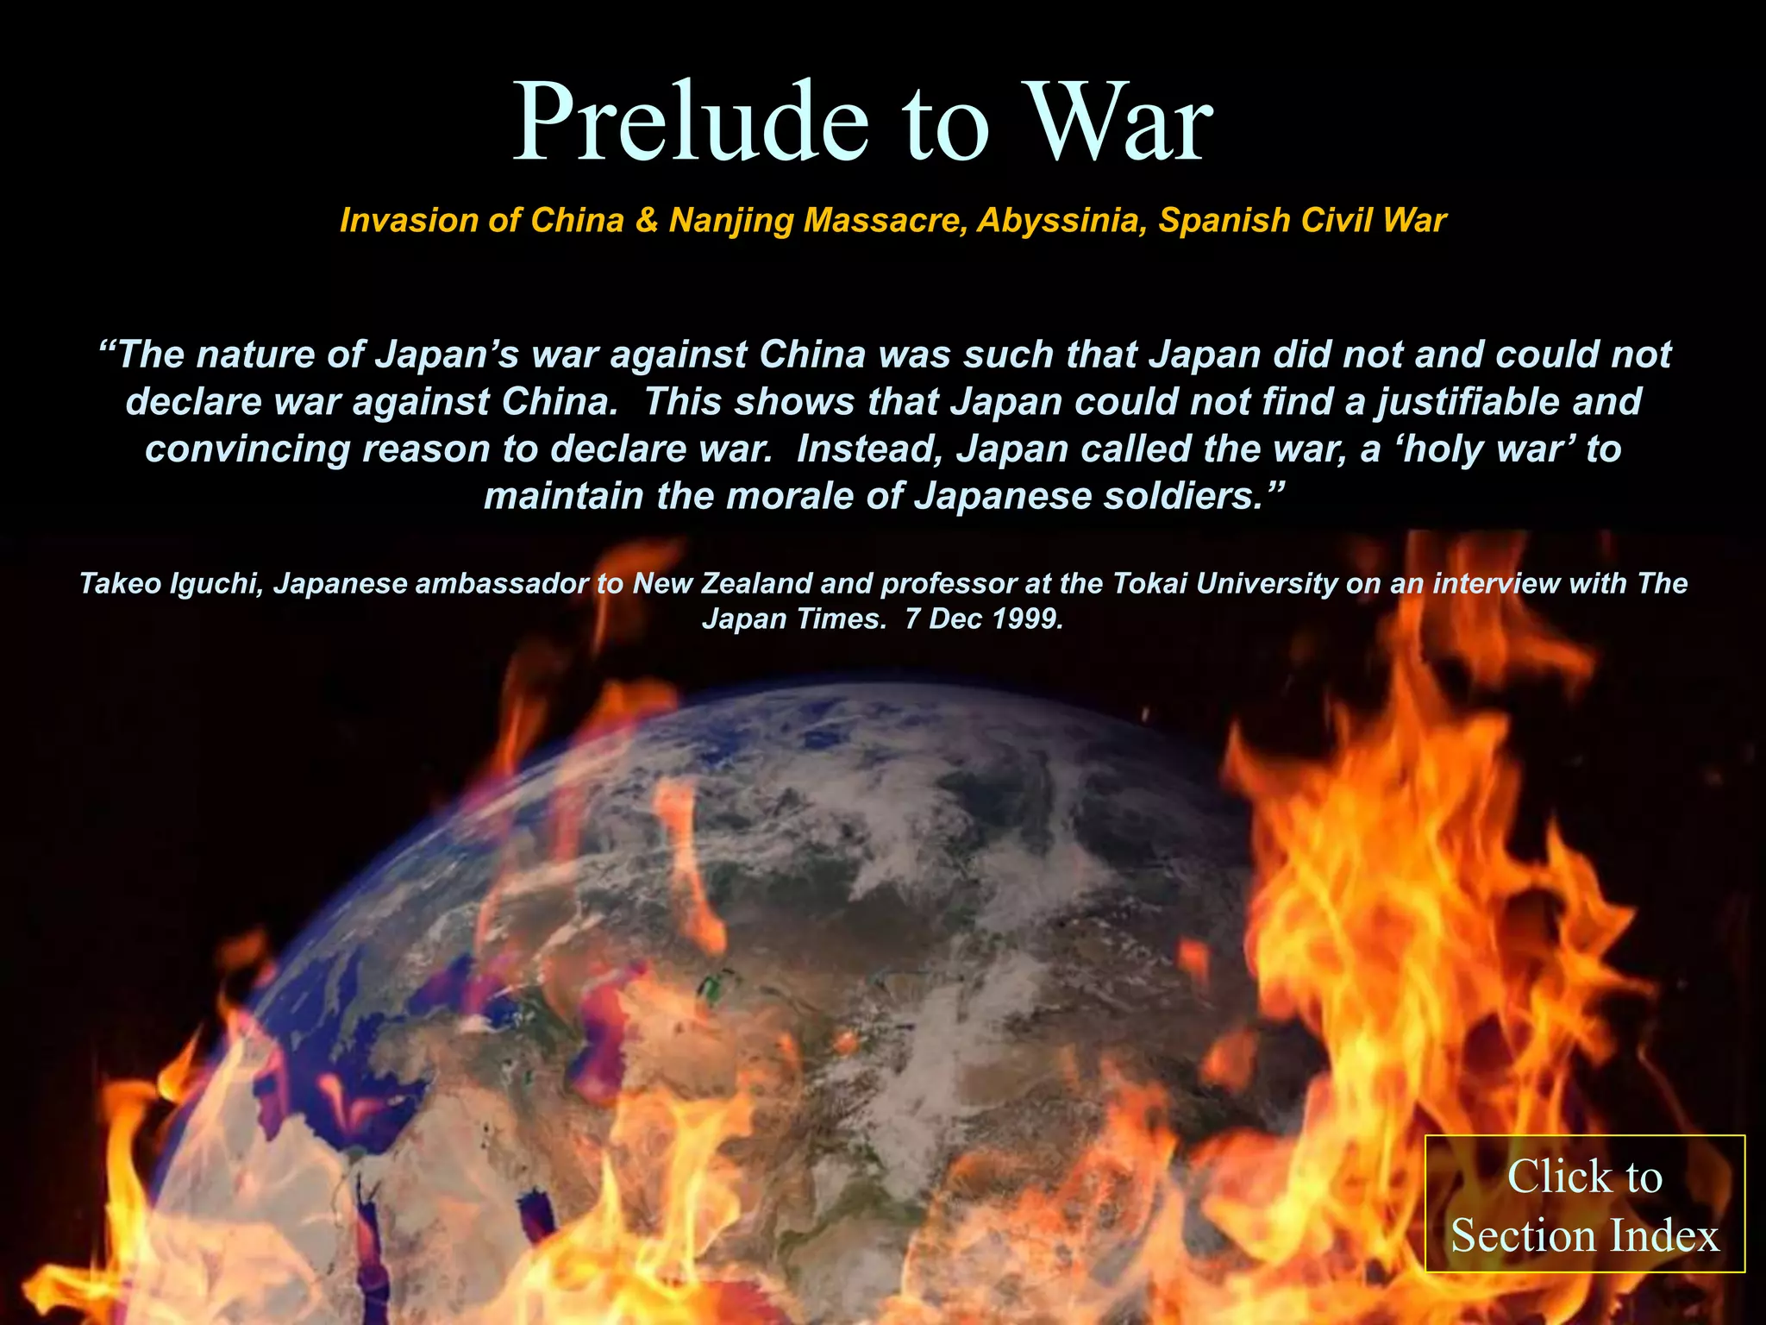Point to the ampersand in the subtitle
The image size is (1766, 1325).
point(646,221)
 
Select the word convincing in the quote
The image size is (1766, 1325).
point(247,449)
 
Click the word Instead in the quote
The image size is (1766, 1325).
point(869,449)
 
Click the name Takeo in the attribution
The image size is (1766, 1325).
point(119,584)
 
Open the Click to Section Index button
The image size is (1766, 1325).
point(1585,1204)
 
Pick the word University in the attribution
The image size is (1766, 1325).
point(1268,584)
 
